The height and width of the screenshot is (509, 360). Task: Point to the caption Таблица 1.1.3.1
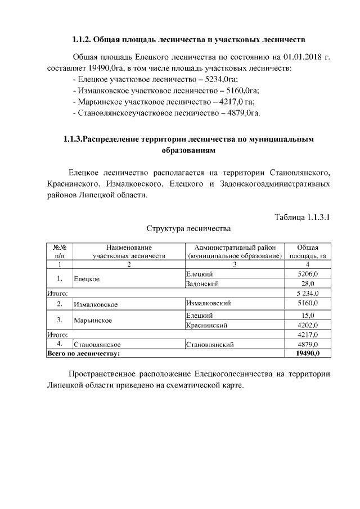pyautogui.click(x=301, y=217)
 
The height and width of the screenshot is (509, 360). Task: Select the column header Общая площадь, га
pyautogui.click(x=308, y=251)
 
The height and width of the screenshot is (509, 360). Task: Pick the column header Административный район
pyautogui.click(x=235, y=251)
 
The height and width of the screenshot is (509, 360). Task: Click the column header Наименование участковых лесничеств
pyautogui.click(x=129, y=251)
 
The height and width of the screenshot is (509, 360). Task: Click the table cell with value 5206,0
pyautogui.click(x=308, y=273)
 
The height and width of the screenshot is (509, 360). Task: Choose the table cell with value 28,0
pyautogui.click(x=308, y=283)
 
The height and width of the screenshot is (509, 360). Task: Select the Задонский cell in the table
pyautogui.click(x=202, y=283)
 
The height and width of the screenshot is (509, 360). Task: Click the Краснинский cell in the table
pyautogui.click(x=206, y=325)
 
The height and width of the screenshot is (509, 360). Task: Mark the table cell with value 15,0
pyautogui.click(x=308, y=315)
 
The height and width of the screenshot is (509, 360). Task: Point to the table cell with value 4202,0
pyautogui.click(x=308, y=325)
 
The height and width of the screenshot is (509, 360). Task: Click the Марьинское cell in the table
pyautogui.click(x=93, y=320)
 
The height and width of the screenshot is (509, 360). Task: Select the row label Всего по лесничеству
pyautogui.click(x=83, y=353)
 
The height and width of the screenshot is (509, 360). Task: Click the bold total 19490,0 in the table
pyautogui.click(x=308, y=353)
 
